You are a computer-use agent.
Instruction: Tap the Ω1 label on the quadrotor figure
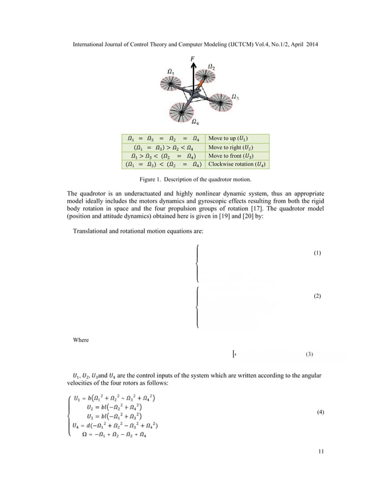click(170, 72)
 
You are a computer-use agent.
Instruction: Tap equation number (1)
click(317, 252)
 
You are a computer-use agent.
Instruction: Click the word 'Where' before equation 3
click(81, 340)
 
